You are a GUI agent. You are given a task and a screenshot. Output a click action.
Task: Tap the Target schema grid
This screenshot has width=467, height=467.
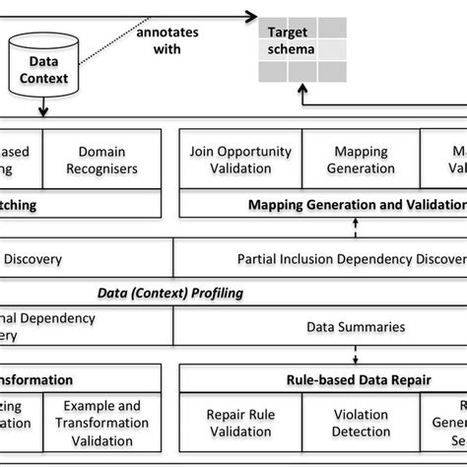301,50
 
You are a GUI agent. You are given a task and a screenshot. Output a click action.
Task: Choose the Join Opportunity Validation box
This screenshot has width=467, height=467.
241,160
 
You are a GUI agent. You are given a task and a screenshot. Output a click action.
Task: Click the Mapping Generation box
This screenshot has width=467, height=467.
361,160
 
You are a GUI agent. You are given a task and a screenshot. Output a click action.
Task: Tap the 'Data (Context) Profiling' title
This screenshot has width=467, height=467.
169,293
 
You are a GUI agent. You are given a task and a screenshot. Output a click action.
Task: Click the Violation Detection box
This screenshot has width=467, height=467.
361,423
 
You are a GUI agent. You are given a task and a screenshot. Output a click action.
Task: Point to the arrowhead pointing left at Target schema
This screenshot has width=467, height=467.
245,16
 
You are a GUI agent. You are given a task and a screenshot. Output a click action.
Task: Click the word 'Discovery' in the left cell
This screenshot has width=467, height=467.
33,260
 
